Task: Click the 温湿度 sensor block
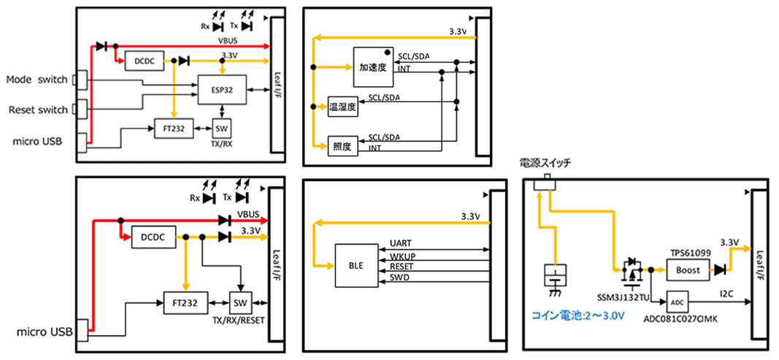coord(342,107)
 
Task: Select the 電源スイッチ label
coord(545,162)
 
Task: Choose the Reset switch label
coord(38,110)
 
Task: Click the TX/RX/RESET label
coord(237,320)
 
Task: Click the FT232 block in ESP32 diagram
coord(173,129)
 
